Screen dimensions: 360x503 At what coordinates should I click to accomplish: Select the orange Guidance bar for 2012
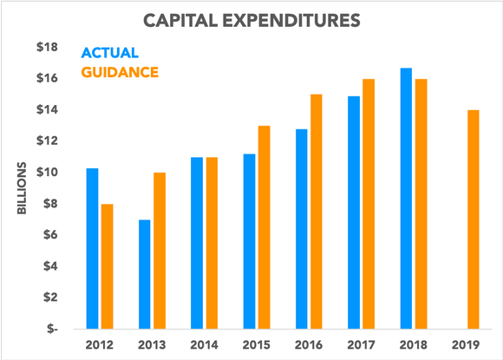[107, 266]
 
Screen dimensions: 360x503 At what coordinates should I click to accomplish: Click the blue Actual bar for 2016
[301, 229]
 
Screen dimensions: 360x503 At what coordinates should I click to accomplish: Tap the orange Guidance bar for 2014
[212, 243]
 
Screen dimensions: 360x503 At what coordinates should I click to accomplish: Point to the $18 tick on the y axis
[46, 47]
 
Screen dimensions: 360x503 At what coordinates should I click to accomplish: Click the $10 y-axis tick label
[46, 172]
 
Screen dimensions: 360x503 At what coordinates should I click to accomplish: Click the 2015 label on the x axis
[256, 345]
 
